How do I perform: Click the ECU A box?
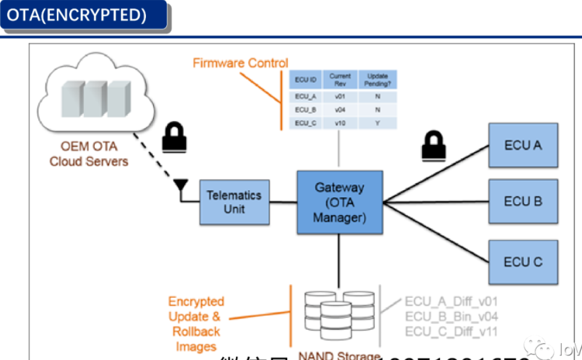[523, 145]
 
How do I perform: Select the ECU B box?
[523, 202]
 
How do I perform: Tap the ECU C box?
[523, 262]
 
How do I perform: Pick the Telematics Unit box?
[234, 202]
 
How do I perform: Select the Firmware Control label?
[240, 63]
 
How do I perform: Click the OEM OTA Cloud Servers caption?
[88, 154]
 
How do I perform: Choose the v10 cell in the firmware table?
[340, 123]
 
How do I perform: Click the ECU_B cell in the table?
[305, 110]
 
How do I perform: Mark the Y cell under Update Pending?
[377, 123]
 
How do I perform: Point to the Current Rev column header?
[340, 80]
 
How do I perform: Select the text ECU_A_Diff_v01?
[451, 302]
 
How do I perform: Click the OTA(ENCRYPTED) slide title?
[77, 15]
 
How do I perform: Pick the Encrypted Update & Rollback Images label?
[196, 324]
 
